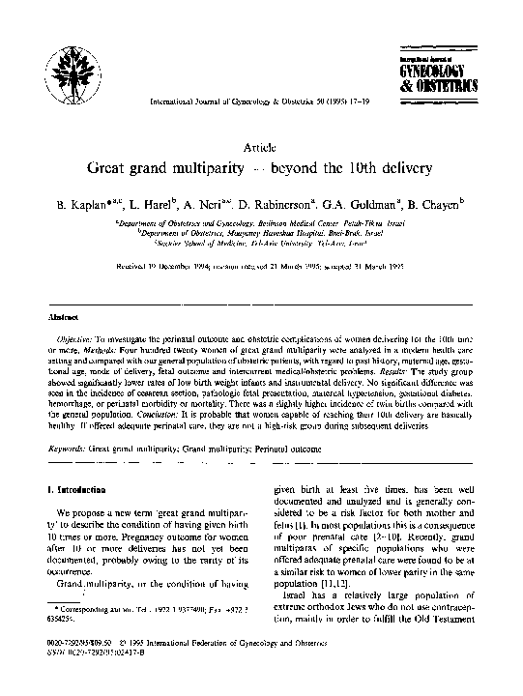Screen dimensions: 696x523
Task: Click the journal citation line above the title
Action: click(261, 101)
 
